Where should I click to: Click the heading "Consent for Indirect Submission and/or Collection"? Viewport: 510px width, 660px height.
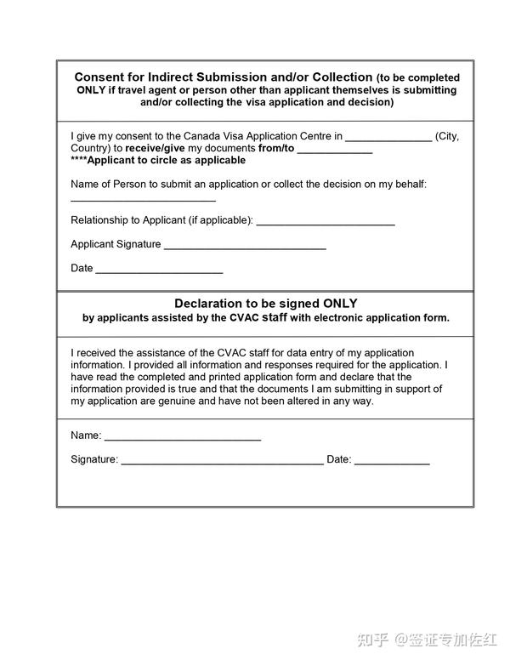click(224, 77)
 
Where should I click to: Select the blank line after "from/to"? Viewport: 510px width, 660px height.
click(334, 151)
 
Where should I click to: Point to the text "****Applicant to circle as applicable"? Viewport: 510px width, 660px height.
click(158, 160)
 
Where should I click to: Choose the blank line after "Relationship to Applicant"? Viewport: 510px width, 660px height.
click(326, 224)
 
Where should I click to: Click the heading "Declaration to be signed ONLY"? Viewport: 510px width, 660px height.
click(266, 303)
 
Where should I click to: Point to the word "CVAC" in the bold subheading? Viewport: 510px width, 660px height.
click(244, 318)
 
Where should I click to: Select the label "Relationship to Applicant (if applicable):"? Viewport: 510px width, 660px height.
click(161, 220)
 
